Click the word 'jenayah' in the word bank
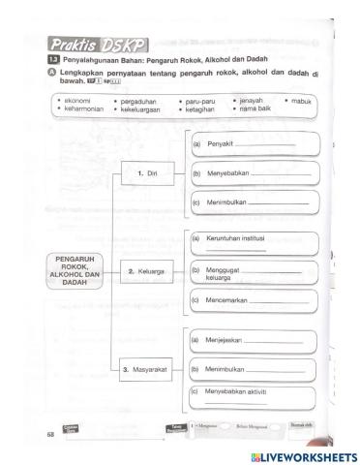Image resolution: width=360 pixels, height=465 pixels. coord(251,101)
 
